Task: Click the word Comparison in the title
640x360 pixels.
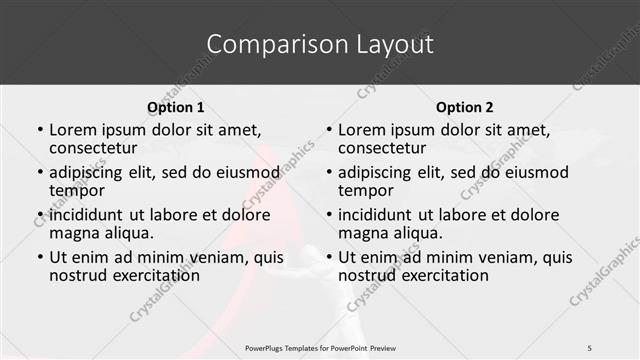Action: pyautogui.click(x=263, y=44)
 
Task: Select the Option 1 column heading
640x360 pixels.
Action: pyautogui.click(x=175, y=107)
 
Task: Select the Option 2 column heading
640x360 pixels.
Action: pyautogui.click(x=464, y=107)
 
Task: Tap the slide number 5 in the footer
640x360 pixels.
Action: pyautogui.click(x=589, y=347)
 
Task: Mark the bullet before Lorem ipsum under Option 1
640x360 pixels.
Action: pyautogui.click(x=39, y=130)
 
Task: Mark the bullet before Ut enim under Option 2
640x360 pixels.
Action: pyautogui.click(x=328, y=258)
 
